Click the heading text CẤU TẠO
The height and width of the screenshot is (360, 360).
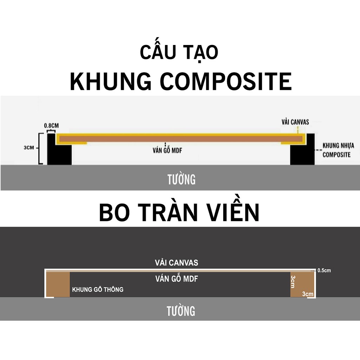click(x=179, y=52)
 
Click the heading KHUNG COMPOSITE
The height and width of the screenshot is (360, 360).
click(x=181, y=82)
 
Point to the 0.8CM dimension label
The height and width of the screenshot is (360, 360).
click(x=51, y=126)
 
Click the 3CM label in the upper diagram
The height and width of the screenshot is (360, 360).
click(x=29, y=148)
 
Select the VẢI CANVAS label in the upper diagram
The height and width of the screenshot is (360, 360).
click(x=295, y=122)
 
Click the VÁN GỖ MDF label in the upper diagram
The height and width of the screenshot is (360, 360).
click(x=167, y=150)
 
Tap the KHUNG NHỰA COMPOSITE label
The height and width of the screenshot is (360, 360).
click(x=338, y=150)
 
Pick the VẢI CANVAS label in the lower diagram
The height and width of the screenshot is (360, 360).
click(x=176, y=263)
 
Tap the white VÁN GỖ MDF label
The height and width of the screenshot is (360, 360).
click(x=176, y=278)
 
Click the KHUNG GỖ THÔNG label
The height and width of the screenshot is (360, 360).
click(x=98, y=289)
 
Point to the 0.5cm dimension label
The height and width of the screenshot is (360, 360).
click(x=324, y=270)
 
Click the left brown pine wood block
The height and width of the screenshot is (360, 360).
click(x=58, y=284)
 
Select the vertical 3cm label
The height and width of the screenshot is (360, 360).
click(x=293, y=282)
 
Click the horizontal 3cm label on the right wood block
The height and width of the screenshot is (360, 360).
click(x=308, y=294)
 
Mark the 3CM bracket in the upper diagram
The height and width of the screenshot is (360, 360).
click(x=40, y=149)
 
